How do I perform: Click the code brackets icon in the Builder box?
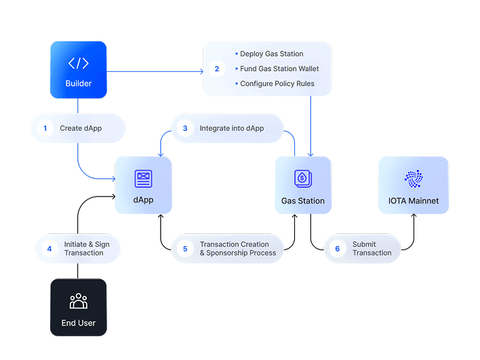(78, 63)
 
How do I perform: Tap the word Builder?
(78, 84)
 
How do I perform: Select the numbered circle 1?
(45, 127)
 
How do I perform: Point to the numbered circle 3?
(184, 127)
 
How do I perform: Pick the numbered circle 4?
(49, 248)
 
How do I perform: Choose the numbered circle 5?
(184, 248)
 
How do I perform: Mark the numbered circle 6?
(337, 248)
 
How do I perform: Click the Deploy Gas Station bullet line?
(271, 54)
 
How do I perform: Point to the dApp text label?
(143, 201)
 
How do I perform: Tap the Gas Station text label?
(302, 201)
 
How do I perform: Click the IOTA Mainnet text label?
(413, 201)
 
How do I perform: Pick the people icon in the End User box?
(78, 301)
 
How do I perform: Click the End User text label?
(78, 323)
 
